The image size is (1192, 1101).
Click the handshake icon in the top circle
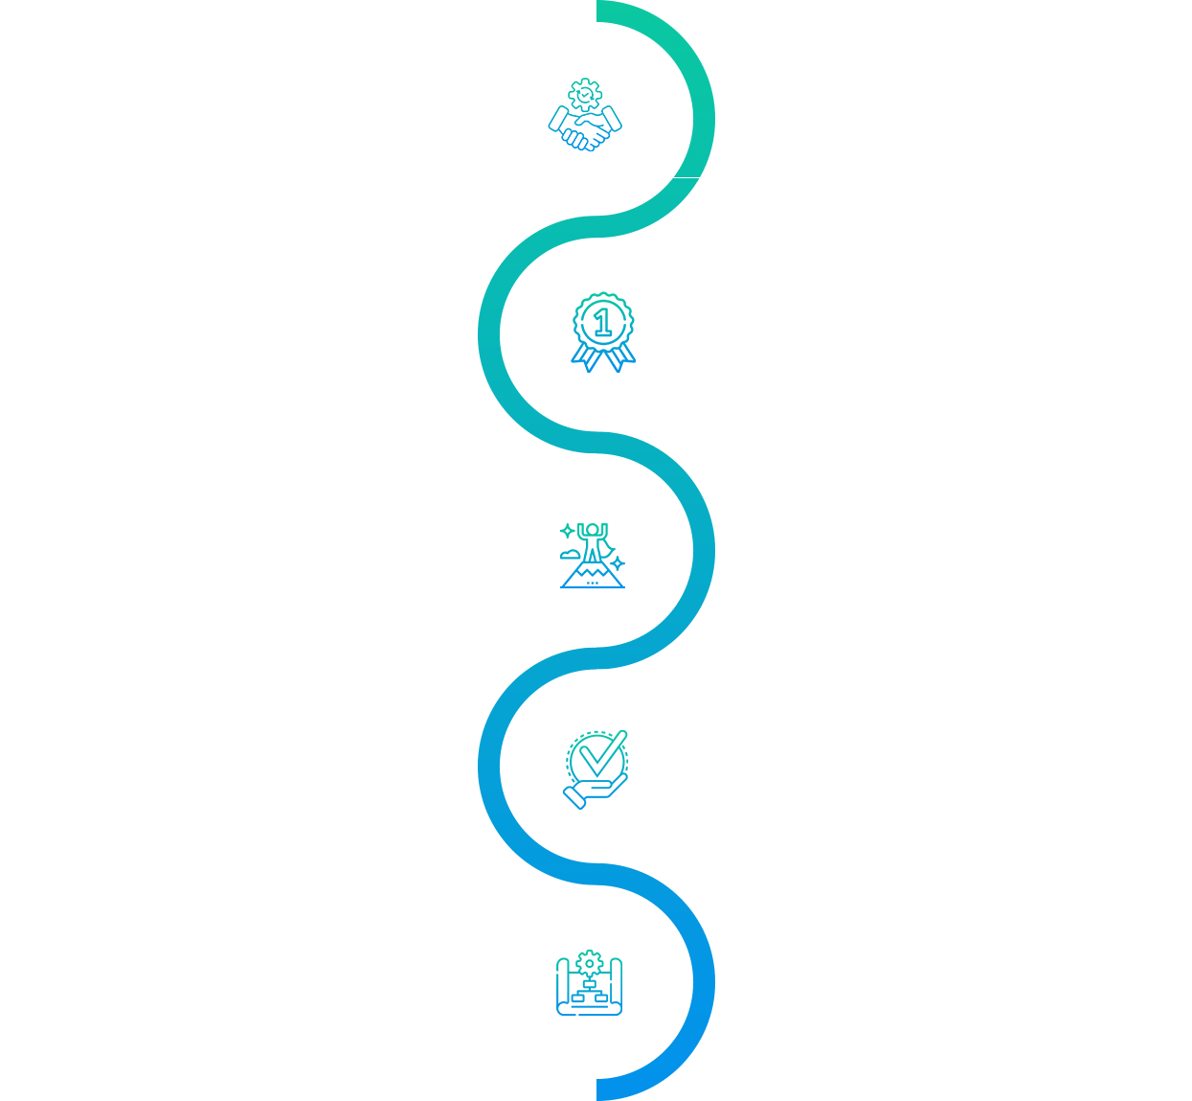point(584,116)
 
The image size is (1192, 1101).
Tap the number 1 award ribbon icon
point(602,332)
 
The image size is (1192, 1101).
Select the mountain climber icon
point(592,555)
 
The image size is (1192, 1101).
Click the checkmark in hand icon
point(595,768)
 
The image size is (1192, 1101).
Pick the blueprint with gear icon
point(589,983)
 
